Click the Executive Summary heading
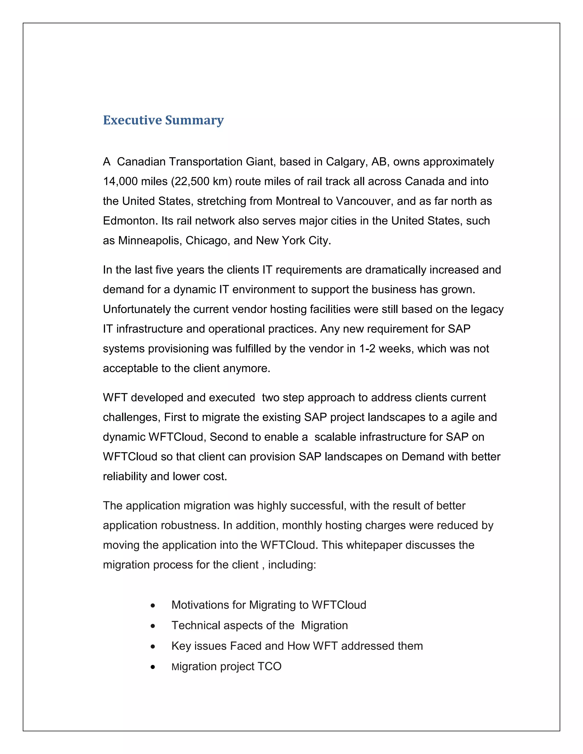[x=163, y=120]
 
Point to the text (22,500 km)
[x=201, y=181]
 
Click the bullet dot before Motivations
[x=153, y=605]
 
